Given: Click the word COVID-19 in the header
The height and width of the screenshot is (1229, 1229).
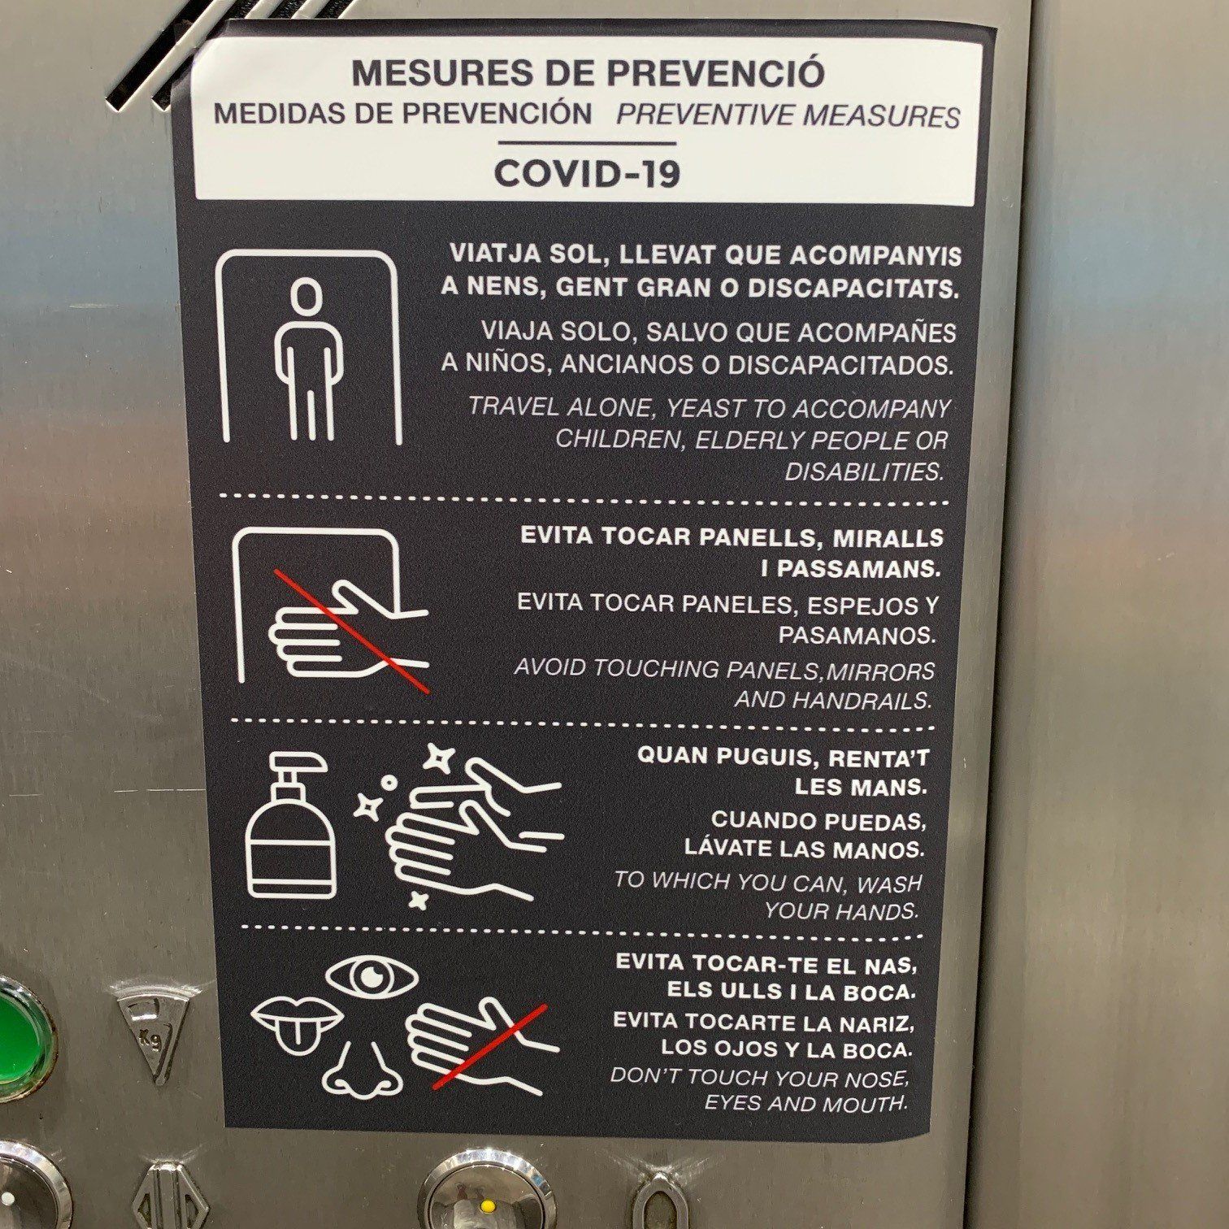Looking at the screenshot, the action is [x=587, y=174].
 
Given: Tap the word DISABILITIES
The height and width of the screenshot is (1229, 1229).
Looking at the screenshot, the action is [x=864, y=471].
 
